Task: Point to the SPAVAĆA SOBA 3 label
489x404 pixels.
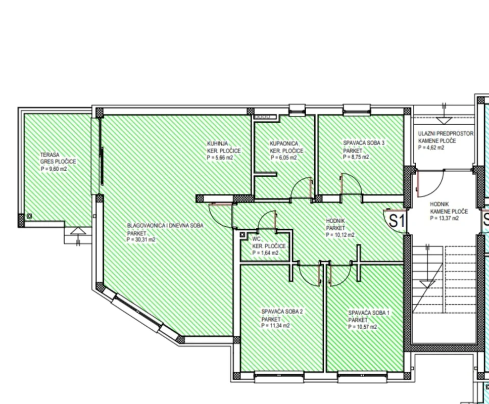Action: click(x=364, y=143)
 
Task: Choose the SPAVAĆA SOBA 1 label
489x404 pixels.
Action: click(x=369, y=313)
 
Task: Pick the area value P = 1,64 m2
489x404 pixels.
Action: click(x=266, y=252)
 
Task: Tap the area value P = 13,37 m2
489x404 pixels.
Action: click(x=444, y=219)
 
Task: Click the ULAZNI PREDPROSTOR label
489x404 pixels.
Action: click(x=445, y=134)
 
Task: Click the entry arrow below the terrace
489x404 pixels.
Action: click(x=77, y=232)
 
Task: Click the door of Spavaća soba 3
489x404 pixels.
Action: click(x=350, y=184)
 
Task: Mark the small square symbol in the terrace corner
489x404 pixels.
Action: click(x=30, y=216)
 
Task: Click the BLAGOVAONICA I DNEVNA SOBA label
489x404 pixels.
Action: click(x=165, y=226)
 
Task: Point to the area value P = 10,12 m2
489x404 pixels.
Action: click(x=340, y=235)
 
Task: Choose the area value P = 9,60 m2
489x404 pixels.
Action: click(x=54, y=169)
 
